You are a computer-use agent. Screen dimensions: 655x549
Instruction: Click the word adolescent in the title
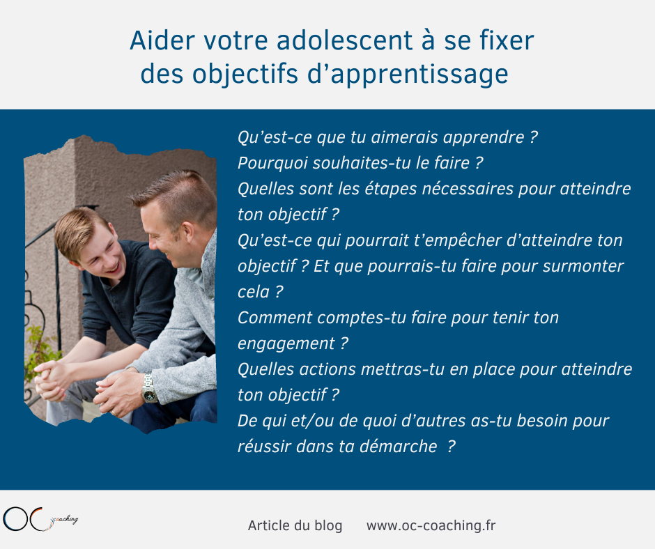pyautogui.click(x=345, y=40)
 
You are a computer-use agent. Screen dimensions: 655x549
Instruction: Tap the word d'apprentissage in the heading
pyautogui.click(x=408, y=74)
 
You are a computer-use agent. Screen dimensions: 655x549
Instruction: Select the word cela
pyautogui.click(x=254, y=292)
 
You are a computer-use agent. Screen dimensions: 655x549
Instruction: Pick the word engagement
pyautogui.click(x=286, y=344)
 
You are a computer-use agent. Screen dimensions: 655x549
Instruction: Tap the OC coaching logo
pyautogui.click(x=40, y=519)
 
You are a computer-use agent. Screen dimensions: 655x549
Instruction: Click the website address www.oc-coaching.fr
pyautogui.click(x=431, y=525)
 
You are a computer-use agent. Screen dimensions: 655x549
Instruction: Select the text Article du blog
pyautogui.click(x=295, y=525)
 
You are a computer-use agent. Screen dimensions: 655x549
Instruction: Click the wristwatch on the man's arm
pyautogui.click(x=148, y=389)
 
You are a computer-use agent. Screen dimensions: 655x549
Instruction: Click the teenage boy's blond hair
pyautogui.click(x=79, y=229)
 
